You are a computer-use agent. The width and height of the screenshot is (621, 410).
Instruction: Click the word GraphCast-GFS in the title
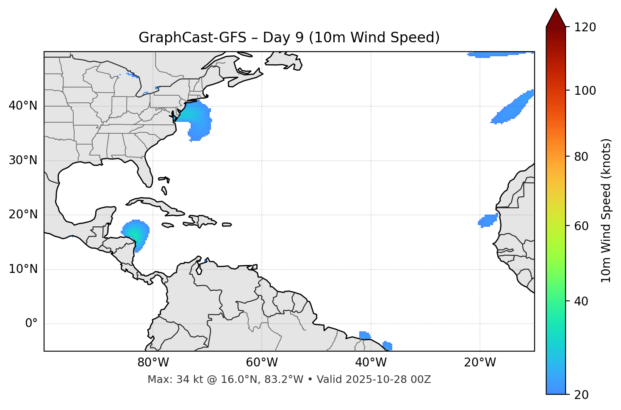192,38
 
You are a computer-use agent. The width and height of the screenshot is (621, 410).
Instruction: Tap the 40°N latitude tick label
23,106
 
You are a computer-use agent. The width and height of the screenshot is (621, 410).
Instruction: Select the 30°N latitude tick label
23,160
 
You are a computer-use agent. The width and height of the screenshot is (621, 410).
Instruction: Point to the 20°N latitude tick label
23,215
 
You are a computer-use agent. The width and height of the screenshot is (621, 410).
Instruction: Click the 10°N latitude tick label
23,269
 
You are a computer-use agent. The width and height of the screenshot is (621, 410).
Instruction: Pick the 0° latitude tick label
31,324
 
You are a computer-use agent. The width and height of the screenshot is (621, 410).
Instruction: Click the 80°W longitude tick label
153,363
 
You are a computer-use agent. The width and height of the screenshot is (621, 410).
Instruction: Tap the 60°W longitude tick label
262,363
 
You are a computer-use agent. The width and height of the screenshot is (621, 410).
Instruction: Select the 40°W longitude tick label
371,363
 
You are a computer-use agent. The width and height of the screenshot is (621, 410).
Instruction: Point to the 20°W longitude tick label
480,363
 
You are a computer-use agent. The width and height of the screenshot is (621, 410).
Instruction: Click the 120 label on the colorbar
585,28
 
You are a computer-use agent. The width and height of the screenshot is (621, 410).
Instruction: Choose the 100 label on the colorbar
585,91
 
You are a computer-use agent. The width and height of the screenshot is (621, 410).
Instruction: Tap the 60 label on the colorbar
581,226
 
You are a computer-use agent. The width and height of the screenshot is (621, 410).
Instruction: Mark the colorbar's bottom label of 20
581,395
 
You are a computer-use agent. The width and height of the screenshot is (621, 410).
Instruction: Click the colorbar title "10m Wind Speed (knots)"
607,210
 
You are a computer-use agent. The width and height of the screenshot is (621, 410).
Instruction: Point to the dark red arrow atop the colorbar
556,18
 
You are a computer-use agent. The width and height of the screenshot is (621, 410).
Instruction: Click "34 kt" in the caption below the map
183,380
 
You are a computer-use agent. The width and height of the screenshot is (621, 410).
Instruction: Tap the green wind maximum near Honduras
134,235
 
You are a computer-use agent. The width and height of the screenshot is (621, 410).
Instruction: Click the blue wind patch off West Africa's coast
488,220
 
